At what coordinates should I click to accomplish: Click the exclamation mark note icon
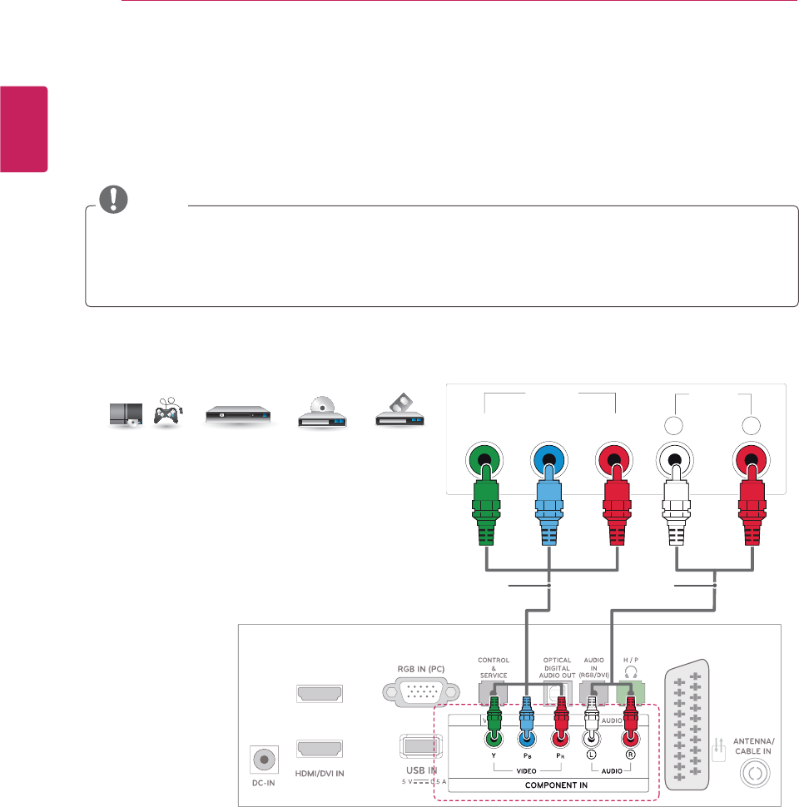[109, 198]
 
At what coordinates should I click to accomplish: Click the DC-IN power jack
[265, 759]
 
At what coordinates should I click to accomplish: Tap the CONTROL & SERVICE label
[494, 667]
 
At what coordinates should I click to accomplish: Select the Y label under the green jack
[494, 755]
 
